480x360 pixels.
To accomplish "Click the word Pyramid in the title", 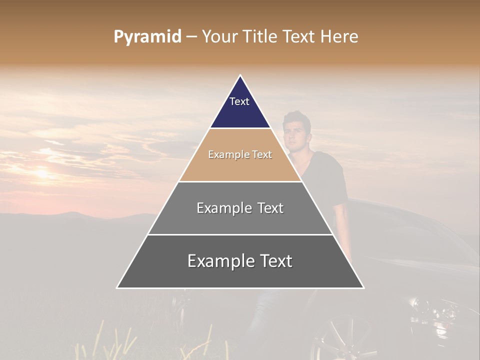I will point(147,37).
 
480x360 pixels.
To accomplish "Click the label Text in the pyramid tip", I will point(239,101).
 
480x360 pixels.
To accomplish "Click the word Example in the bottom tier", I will point(219,261).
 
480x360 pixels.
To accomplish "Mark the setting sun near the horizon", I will point(42,173).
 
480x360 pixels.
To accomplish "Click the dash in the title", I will point(191,37).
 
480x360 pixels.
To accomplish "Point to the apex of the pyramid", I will point(240,76).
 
